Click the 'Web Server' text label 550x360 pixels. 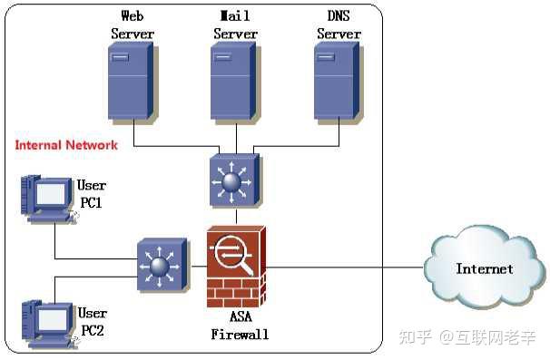pyautogui.click(x=133, y=24)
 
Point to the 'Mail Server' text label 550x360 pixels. pyautogui.click(x=235, y=24)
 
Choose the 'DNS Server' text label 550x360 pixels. pyautogui.click(x=338, y=24)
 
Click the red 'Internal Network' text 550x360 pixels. pyautogui.click(x=66, y=145)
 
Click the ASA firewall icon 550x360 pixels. pyautogui.click(x=236, y=267)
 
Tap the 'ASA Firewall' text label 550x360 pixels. pyautogui.click(x=239, y=325)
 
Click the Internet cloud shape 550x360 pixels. pyautogui.click(x=484, y=268)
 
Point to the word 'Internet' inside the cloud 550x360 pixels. pyautogui.click(x=484, y=268)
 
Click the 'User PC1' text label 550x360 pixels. pyautogui.click(x=92, y=194)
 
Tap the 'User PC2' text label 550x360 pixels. pyautogui.click(x=92, y=322)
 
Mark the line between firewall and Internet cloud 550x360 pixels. pyautogui.click(x=345, y=268)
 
